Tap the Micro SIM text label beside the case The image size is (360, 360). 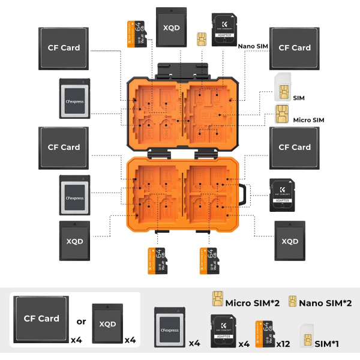(308, 120)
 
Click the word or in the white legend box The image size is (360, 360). (82, 322)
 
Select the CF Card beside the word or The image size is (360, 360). (41, 318)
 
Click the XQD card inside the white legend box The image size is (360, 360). (107, 323)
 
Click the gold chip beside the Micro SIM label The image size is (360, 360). (280, 113)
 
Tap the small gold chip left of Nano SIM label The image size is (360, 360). (201, 37)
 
